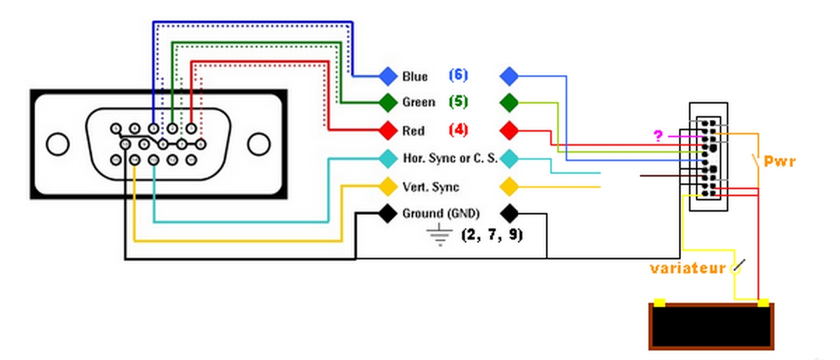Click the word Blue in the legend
415,76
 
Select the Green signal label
419,102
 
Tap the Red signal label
414,130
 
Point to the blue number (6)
458,75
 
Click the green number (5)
458,102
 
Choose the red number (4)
458,130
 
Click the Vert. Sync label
431,187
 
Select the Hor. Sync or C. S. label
450,158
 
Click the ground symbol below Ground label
439,237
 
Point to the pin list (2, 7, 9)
492,235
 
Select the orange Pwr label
779,162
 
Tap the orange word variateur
687,268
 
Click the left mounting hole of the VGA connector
57,144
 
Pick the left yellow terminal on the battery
659,303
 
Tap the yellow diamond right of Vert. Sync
510,187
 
